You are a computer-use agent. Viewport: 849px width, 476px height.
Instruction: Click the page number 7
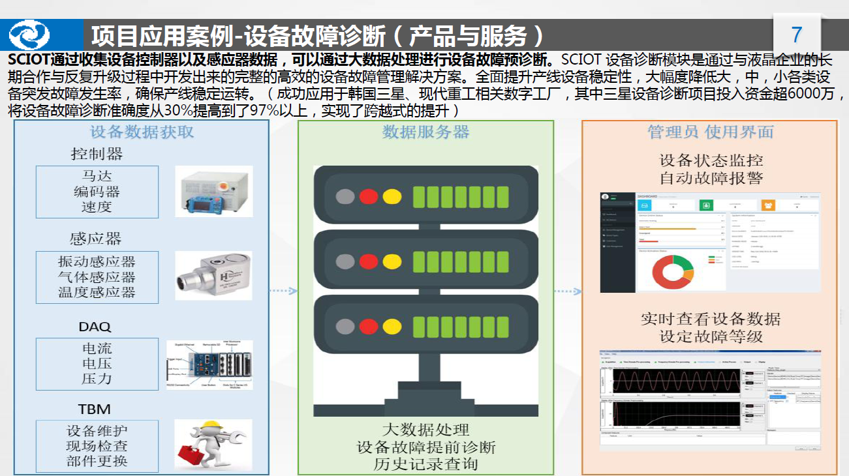point(796,34)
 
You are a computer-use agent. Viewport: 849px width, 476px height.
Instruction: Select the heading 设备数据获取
point(142,132)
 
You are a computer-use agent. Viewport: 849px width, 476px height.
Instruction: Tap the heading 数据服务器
point(425,132)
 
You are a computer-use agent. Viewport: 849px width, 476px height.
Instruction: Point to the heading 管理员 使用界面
point(710,132)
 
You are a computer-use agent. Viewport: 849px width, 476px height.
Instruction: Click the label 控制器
point(97,155)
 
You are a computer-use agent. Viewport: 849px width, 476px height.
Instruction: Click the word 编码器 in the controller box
point(97,192)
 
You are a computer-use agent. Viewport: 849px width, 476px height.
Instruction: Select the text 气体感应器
point(97,277)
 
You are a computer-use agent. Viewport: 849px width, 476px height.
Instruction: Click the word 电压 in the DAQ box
point(97,364)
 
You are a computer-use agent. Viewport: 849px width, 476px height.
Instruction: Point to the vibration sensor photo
point(214,276)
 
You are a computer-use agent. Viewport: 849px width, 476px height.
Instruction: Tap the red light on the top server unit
point(369,196)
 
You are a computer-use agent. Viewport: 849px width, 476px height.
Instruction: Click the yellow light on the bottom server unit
point(392,326)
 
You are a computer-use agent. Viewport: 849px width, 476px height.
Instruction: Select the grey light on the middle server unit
point(345,261)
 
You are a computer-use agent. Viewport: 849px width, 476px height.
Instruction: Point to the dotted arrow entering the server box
point(283,291)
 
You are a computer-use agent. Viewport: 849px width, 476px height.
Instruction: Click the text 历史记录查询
point(425,464)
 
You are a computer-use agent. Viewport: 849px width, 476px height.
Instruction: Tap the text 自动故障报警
point(711,177)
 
